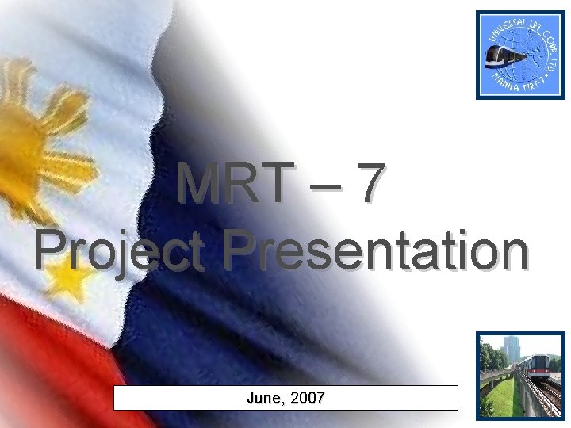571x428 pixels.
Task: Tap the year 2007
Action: click(x=307, y=398)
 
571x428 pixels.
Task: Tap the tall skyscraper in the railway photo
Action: click(x=508, y=349)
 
